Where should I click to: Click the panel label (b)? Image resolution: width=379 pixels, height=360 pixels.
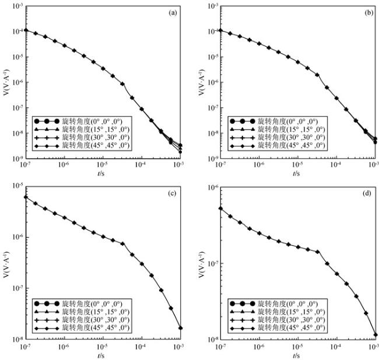click(366, 12)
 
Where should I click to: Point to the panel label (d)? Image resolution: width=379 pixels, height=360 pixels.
click(366, 193)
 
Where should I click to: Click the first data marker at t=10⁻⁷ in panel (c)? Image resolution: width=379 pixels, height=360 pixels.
click(26, 197)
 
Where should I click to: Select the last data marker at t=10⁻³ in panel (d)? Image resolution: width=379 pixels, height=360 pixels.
click(376, 335)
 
